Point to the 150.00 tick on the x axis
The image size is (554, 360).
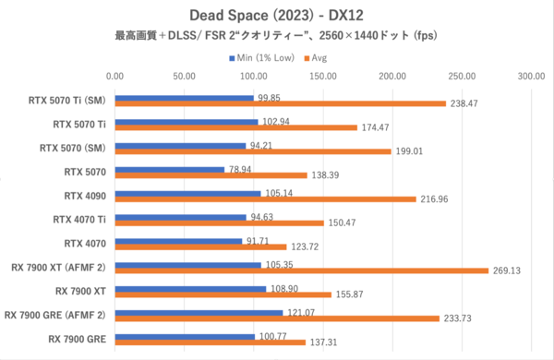point(323,78)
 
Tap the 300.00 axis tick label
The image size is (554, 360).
point(531,78)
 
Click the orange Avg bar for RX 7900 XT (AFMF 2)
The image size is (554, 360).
point(302,271)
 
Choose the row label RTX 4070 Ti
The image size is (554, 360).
point(80,219)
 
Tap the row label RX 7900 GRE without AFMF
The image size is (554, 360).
point(78,338)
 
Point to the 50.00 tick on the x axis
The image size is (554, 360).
point(185,78)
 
